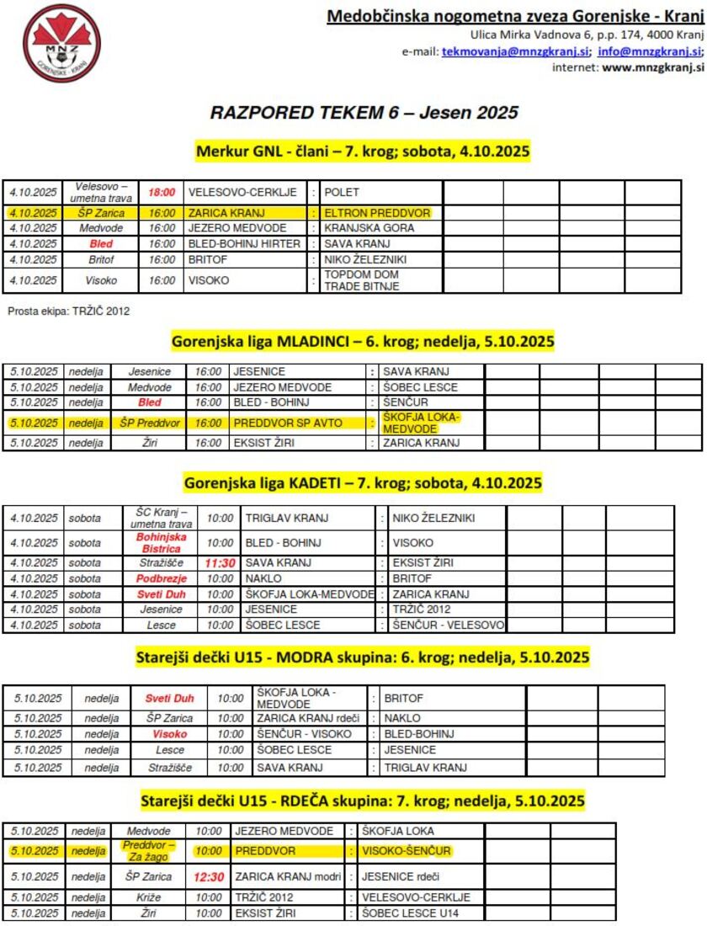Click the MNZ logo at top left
tap(61, 44)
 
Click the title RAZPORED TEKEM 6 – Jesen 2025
tap(364, 112)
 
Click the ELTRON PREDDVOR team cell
tap(377, 214)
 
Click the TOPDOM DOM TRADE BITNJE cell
tap(362, 280)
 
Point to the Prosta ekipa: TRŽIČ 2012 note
tap(69, 311)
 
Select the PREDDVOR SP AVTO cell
tap(288, 423)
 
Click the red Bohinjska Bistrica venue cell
tap(161, 542)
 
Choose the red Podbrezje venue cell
tap(161, 579)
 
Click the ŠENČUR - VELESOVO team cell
tap(448, 625)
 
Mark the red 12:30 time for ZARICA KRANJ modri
tap(209, 877)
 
